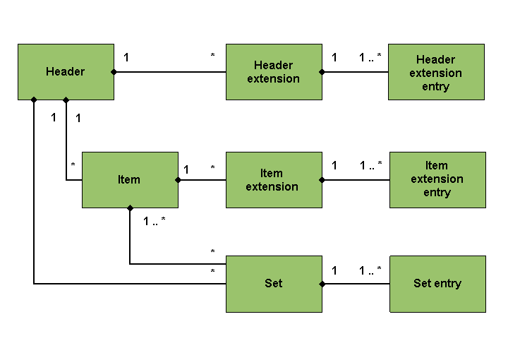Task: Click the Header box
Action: click(x=66, y=72)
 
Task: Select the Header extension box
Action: click(x=274, y=72)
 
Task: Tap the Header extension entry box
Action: click(x=437, y=72)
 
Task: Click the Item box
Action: click(x=130, y=180)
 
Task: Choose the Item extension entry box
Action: click(x=437, y=180)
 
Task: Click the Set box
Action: click(x=274, y=284)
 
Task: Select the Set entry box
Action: click(x=437, y=284)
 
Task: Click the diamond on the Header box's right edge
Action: click(x=114, y=72)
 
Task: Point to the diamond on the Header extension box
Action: click(x=322, y=72)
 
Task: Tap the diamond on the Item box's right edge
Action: click(x=178, y=180)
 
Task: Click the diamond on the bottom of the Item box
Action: click(x=130, y=208)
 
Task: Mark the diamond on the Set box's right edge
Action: click(x=322, y=284)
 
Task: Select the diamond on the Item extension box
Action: click(x=322, y=180)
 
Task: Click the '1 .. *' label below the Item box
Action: click(x=155, y=222)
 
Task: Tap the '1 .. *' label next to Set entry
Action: click(x=370, y=270)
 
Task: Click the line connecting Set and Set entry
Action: click(x=356, y=284)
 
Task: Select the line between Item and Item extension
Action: click(x=202, y=180)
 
